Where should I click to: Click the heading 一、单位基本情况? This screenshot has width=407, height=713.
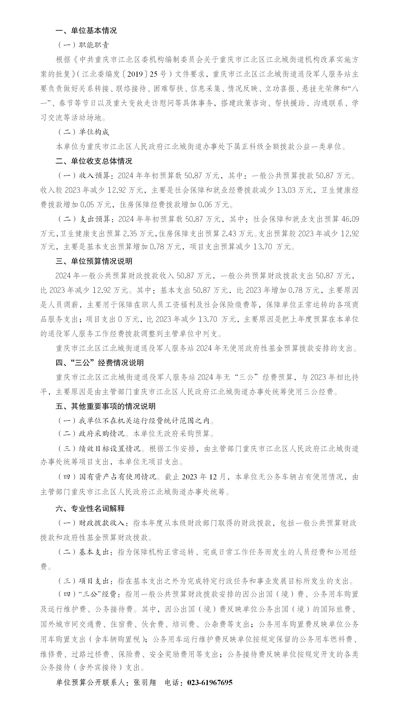pos(86,30)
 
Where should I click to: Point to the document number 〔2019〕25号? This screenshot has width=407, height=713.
pos(145,74)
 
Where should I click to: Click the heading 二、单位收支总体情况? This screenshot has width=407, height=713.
pos(94,161)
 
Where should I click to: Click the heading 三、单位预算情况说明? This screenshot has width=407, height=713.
pos(94,261)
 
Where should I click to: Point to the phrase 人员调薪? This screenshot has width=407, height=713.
pos(63,304)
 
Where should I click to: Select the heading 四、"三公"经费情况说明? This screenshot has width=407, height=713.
pos(100,363)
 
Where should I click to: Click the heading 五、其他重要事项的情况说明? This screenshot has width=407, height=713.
pos(106,406)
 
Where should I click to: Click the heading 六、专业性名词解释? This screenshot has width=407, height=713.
pos(90,508)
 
